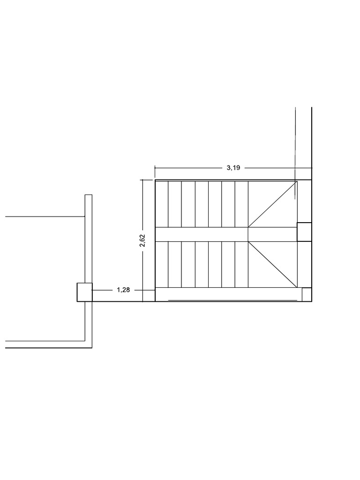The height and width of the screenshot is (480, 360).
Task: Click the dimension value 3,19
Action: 233,168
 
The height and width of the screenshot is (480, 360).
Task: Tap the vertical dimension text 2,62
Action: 142,240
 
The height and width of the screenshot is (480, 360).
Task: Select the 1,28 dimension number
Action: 123,290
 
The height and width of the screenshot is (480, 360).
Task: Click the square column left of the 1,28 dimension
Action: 84,292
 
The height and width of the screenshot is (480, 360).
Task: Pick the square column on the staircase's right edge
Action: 304,232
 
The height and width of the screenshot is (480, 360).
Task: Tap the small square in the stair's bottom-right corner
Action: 307,294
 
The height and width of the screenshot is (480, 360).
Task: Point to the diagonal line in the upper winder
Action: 272,204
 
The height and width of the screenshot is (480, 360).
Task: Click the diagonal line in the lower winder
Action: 272,264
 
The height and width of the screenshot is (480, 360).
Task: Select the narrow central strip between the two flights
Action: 202,234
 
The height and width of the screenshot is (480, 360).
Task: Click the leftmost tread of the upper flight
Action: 162,204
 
